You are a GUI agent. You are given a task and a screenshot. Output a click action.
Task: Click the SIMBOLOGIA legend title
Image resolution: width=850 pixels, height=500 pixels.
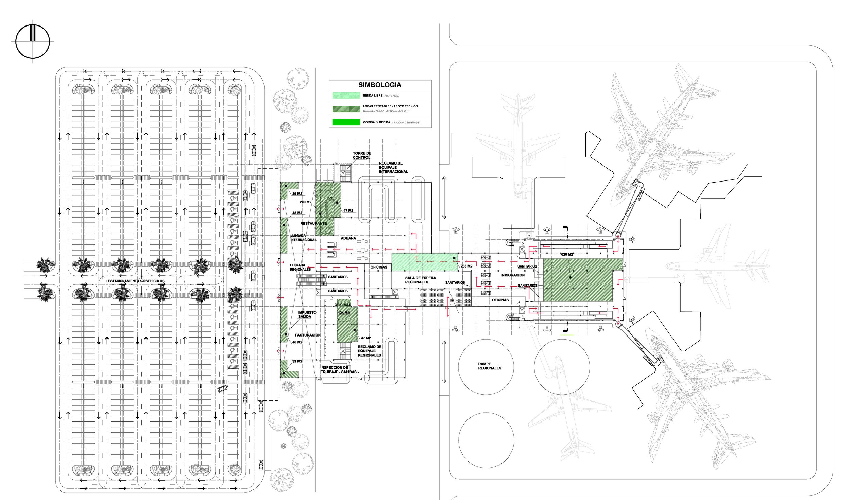380,85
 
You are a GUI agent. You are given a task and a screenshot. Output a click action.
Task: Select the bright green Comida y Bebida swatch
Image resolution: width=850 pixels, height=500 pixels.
346,122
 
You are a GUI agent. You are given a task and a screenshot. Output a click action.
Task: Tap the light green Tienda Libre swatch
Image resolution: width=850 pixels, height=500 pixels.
346,96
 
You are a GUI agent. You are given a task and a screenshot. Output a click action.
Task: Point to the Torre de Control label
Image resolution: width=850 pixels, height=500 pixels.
362,155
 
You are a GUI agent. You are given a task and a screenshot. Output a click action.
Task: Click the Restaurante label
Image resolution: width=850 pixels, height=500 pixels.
313,223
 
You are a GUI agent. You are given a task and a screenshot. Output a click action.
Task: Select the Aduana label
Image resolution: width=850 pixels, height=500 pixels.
348,238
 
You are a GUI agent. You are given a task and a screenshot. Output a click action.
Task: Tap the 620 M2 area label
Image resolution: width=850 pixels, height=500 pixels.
567,254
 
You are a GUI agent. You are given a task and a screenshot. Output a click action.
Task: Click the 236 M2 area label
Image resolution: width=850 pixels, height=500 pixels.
466,266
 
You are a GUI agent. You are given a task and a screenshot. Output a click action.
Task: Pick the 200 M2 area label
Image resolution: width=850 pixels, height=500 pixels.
305,202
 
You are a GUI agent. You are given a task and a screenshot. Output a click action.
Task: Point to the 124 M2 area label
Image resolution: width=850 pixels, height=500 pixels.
344,313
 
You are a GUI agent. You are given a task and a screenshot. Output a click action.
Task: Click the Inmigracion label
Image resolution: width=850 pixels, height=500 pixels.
512,275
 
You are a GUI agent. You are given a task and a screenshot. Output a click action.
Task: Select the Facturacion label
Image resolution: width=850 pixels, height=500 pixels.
308,335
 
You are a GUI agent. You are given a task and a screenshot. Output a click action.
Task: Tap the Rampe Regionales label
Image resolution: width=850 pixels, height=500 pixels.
490,366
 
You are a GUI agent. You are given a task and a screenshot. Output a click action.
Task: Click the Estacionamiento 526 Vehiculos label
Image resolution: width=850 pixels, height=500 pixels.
136,281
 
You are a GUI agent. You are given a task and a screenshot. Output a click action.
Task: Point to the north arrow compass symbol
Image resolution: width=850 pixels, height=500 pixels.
33,41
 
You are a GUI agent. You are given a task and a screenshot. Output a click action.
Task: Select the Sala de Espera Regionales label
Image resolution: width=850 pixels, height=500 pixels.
420,280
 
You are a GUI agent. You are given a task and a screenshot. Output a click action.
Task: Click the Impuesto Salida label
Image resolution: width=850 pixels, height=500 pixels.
307,314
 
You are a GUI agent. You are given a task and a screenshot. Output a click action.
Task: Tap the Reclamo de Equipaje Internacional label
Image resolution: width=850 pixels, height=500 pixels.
393,168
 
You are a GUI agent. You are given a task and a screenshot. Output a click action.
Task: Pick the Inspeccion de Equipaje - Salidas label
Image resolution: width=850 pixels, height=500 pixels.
339,370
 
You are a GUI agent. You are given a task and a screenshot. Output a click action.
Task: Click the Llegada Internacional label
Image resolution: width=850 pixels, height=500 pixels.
303,238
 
